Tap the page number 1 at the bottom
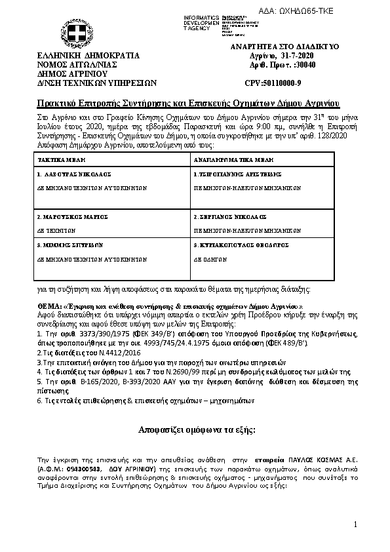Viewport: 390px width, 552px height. click(x=354, y=524)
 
